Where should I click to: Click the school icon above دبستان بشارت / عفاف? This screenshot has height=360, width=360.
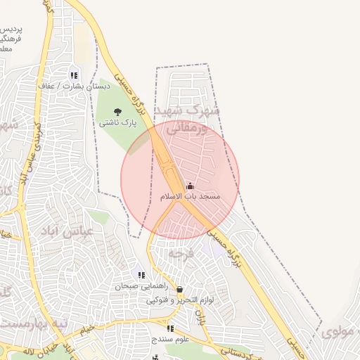[x=74, y=75]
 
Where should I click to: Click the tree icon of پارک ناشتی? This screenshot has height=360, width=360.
[x=117, y=112]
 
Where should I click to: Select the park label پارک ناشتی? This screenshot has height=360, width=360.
[x=117, y=122]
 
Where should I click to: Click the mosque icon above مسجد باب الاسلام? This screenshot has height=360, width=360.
[x=190, y=186]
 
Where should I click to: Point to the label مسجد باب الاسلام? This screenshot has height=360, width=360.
[x=190, y=196]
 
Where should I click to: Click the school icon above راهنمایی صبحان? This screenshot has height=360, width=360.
[x=141, y=276]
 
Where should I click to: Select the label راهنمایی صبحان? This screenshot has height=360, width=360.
[x=142, y=286]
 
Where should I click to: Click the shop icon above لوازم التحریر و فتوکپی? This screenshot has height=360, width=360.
[x=180, y=289]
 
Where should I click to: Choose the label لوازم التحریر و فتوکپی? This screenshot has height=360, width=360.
[x=180, y=300]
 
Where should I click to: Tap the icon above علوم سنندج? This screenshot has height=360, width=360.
[x=169, y=328]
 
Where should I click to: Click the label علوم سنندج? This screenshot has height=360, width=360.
[x=170, y=339]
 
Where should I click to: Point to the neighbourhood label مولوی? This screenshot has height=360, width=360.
[x=340, y=331]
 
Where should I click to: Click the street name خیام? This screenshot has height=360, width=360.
[x=86, y=329]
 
